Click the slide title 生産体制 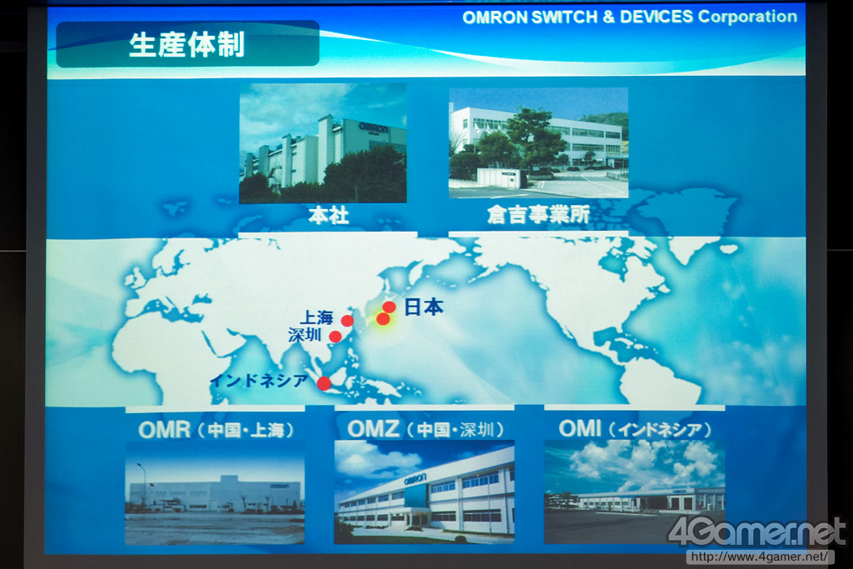tap(187, 45)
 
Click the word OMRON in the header tap(495, 17)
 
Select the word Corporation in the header tap(747, 17)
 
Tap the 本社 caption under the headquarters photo tap(328, 216)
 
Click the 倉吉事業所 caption tap(538, 215)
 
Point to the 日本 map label tap(424, 307)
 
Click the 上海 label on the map tap(317, 317)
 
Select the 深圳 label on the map tap(305, 335)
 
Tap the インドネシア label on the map tap(259, 381)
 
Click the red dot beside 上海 tap(347, 321)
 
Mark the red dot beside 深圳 tap(336, 337)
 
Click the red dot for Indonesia tap(324, 383)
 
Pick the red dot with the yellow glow tap(383, 319)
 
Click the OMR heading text tap(164, 430)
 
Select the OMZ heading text tap(373, 429)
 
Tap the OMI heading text tap(580, 429)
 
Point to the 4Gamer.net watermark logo tap(756, 532)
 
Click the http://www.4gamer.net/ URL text tap(760, 557)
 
